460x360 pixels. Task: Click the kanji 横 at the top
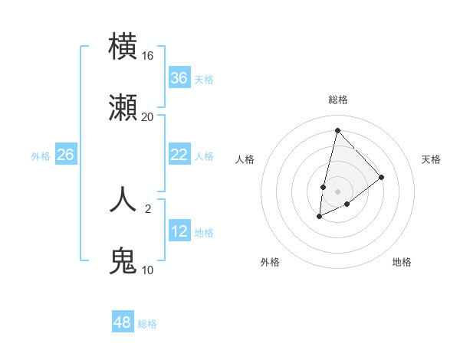coord(123,46)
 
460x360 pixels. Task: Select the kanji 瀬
coord(123,108)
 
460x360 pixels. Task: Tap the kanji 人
coord(123,198)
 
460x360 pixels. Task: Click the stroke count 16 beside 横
coord(148,55)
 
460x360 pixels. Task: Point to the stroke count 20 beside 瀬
coord(148,117)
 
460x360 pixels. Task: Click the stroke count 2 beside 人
coord(148,208)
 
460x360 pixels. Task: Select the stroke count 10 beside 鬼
coord(148,270)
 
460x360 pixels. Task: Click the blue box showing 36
coord(179,78)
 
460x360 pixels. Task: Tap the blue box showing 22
coord(179,155)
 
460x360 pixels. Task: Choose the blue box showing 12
coord(179,231)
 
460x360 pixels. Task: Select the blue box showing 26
coord(66,155)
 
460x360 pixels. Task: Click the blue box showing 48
coord(123,322)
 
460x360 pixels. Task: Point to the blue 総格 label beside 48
coord(147,324)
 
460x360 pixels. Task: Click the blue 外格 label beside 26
coord(41,156)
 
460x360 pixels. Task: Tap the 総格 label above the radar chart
coord(338,100)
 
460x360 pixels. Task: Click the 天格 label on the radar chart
coord(432,159)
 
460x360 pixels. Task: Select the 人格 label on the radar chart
coord(245,159)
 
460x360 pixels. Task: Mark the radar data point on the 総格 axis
coord(337,130)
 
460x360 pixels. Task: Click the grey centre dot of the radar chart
coord(338,191)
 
